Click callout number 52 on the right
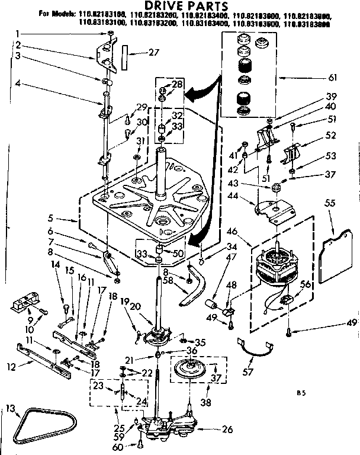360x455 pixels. (330, 135)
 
